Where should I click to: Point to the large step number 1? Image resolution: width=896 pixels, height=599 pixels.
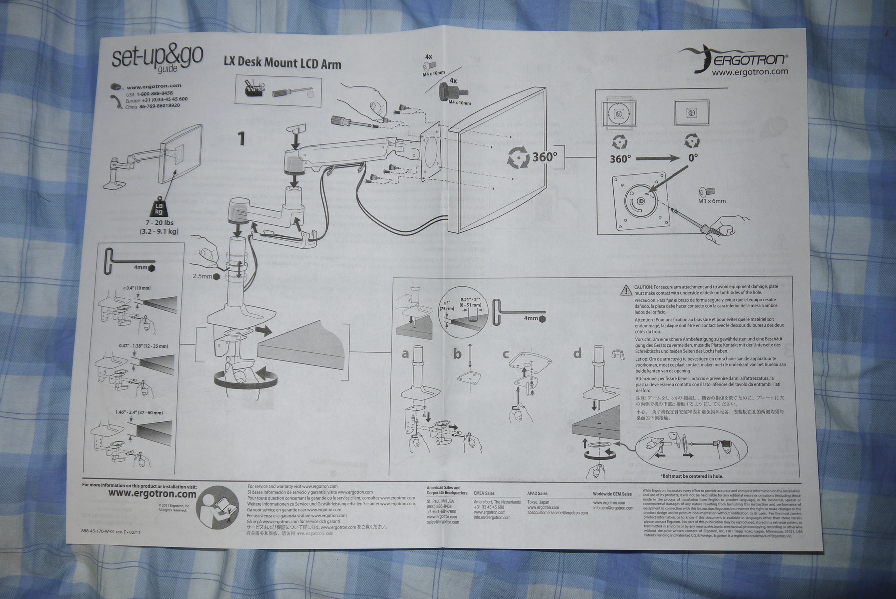click(x=242, y=138)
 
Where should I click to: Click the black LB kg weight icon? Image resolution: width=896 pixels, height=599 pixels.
click(x=159, y=208)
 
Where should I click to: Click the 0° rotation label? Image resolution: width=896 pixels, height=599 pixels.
click(x=693, y=157)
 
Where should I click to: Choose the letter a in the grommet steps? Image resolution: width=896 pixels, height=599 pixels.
click(x=405, y=354)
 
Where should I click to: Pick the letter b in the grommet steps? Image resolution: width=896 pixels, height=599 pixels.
click(x=458, y=354)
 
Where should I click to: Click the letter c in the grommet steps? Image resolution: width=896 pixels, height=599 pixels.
click(x=506, y=354)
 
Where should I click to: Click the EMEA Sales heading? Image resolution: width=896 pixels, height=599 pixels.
click(x=484, y=493)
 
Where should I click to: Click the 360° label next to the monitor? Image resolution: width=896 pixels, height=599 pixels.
click(x=544, y=156)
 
